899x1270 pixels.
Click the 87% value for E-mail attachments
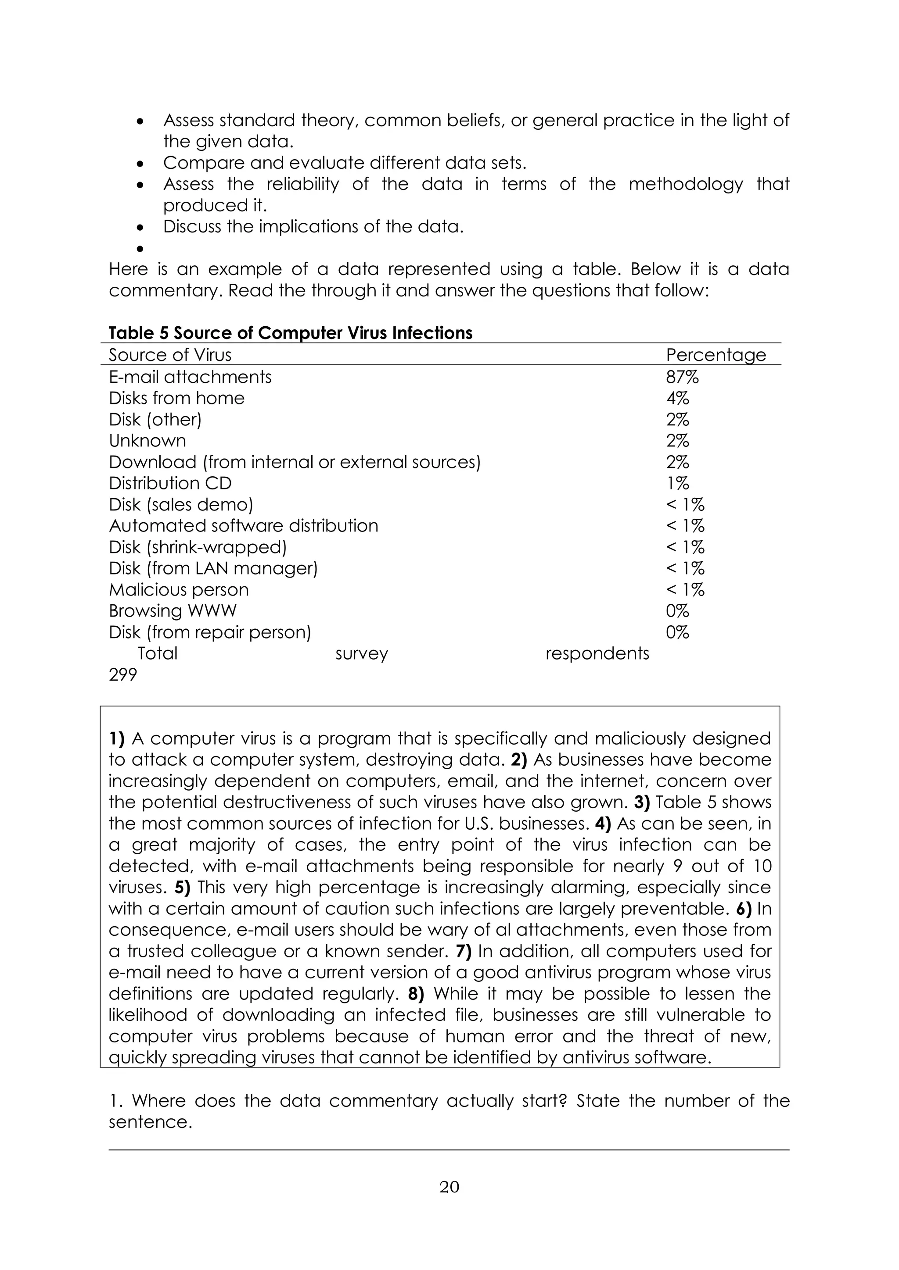(682, 377)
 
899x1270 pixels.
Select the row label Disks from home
(176, 398)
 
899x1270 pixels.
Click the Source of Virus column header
(170, 355)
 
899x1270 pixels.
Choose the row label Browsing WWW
(172, 611)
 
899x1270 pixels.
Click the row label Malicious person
(178, 590)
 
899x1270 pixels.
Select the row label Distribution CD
(170, 483)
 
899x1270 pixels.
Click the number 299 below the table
(122, 675)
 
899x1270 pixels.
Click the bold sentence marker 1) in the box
(117, 739)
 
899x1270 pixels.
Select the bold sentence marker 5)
(182, 888)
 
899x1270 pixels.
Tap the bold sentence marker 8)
(416, 994)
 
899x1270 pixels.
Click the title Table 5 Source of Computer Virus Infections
(290, 333)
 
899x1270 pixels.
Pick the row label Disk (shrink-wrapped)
(198, 547)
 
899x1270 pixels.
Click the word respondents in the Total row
(597, 653)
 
